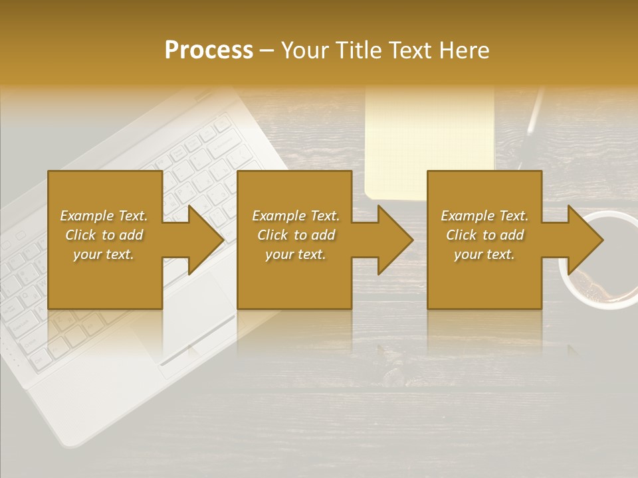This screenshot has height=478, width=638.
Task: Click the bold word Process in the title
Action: (209, 50)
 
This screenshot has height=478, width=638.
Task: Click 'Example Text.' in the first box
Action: (104, 216)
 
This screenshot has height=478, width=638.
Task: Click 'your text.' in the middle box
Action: (296, 254)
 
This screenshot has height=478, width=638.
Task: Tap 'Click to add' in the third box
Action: (484, 235)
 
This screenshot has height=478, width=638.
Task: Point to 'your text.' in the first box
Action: (104, 254)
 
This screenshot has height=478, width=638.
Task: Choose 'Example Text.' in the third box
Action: (484, 216)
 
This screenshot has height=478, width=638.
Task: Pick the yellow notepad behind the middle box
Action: (429, 133)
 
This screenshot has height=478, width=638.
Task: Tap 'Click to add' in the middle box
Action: (296, 235)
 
